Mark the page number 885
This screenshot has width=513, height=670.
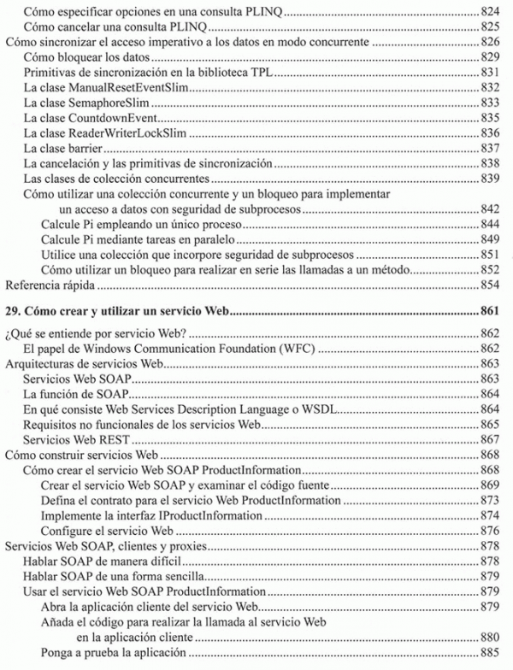489,653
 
